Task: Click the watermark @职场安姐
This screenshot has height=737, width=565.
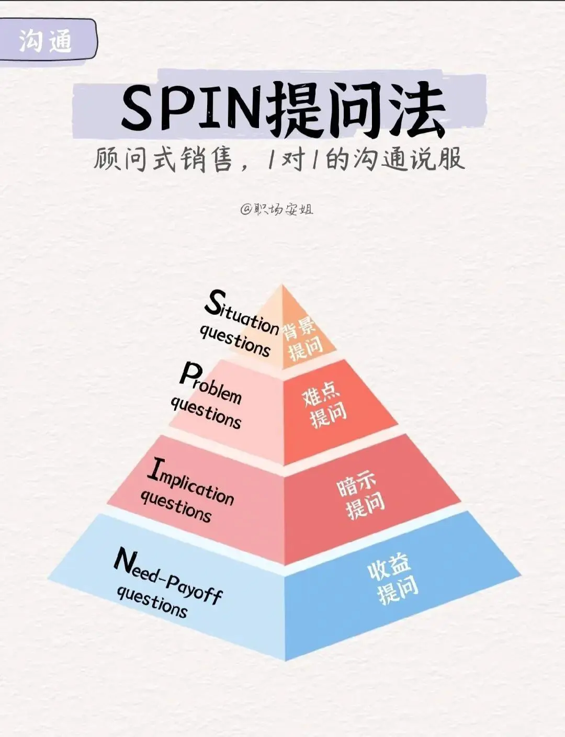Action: [x=277, y=210]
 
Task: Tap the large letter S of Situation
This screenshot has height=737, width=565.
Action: [x=213, y=302]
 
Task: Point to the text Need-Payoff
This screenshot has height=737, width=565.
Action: [x=167, y=576]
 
